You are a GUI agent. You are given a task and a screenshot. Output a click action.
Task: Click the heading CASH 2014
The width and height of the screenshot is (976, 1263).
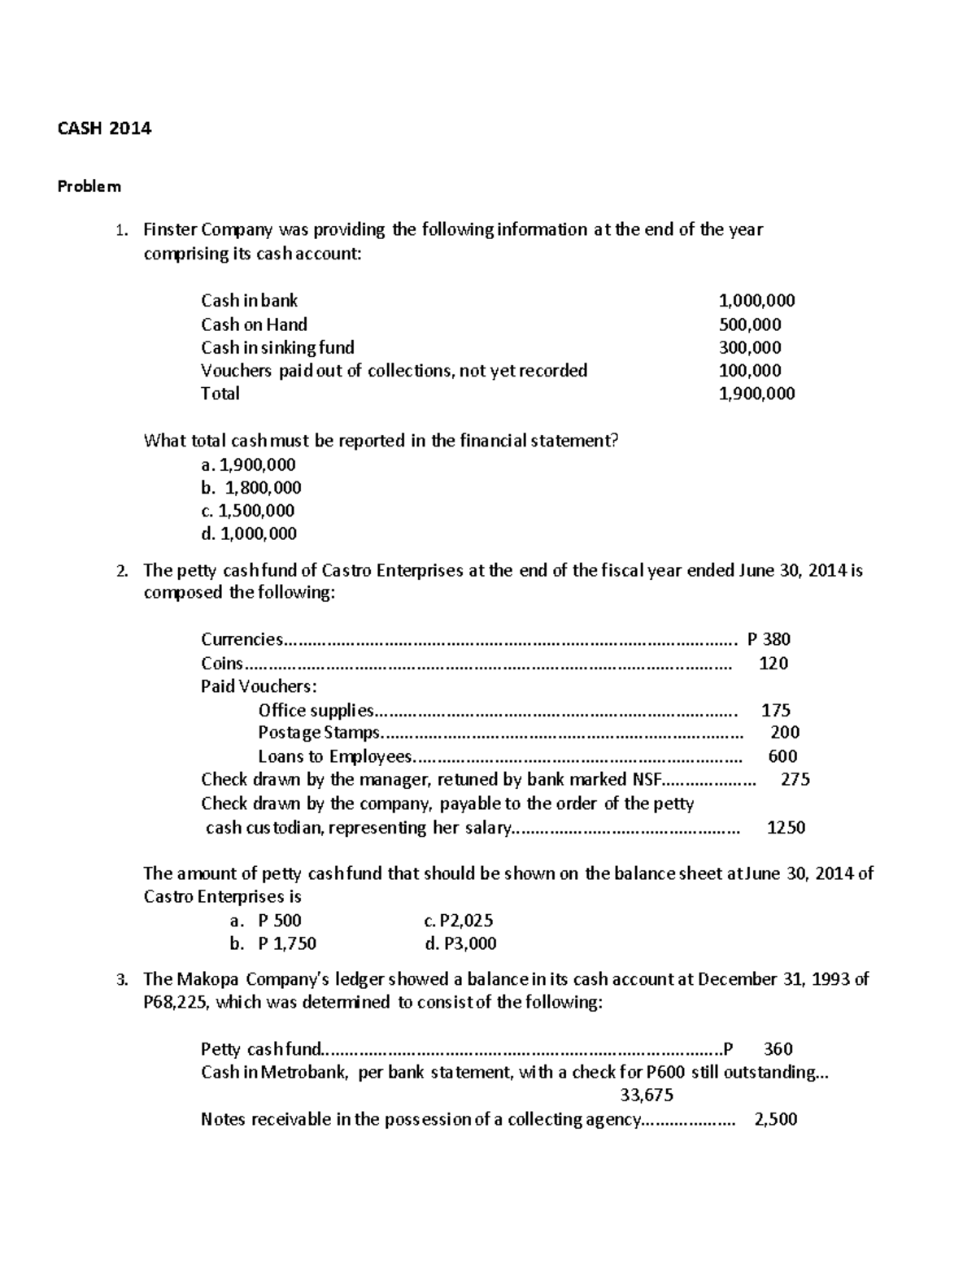(x=104, y=128)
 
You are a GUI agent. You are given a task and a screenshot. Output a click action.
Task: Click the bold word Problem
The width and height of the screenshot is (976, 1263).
(x=89, y=186)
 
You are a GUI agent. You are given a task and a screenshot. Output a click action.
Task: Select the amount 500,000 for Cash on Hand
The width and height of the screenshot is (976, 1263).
(x=750, y=324)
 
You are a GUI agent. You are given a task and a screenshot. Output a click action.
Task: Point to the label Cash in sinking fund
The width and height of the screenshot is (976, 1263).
(x=277, y=347)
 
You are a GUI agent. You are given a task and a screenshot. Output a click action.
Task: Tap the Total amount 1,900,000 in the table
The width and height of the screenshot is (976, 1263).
(x=757, y=394)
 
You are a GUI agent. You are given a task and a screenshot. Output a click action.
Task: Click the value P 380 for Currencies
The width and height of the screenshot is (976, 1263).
(x=768, y=639)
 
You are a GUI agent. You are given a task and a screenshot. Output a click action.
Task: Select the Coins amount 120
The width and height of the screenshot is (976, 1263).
(x=773, y=663)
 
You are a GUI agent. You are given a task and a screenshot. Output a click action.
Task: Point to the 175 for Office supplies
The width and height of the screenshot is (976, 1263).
(x=776, y=710)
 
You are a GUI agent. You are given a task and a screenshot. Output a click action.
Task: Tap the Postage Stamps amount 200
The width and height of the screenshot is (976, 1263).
(x=785, y=732)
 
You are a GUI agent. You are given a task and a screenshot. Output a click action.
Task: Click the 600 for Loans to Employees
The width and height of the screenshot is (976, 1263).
(x=782, y=756)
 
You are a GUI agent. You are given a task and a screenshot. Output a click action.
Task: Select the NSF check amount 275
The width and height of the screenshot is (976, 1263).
(x=795, y=779)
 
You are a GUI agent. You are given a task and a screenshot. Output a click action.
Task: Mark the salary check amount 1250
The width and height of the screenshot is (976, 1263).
(x=786, y=828)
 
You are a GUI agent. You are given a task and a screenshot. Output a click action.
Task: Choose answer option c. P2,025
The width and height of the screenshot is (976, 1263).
(x=459, y=921)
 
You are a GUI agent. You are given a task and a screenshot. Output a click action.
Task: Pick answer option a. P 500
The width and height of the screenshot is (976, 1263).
(x=265, y=921)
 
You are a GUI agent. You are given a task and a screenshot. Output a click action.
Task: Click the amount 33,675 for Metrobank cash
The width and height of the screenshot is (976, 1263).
(x=647, y=1095)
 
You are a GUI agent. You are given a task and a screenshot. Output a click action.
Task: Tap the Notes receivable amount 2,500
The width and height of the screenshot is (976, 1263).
(x=776, y=1119)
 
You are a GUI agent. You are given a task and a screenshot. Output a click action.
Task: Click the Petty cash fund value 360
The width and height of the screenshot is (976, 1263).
(x=778, y=1049)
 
